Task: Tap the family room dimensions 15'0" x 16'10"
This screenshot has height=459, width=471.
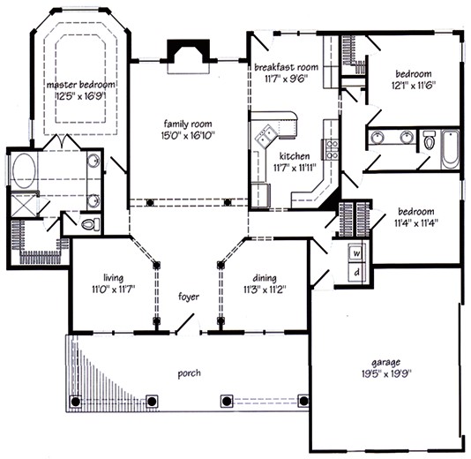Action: [190, 136]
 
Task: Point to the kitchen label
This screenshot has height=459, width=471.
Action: [295, 155]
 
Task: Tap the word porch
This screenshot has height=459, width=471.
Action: [189, 373]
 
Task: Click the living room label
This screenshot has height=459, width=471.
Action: [110, 276]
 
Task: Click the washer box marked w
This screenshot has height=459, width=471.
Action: [356, 253]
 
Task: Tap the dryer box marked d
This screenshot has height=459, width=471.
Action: [356, 273]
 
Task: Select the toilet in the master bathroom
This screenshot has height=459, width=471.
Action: [87, 226]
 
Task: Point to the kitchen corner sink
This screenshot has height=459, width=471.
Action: [265, 137]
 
